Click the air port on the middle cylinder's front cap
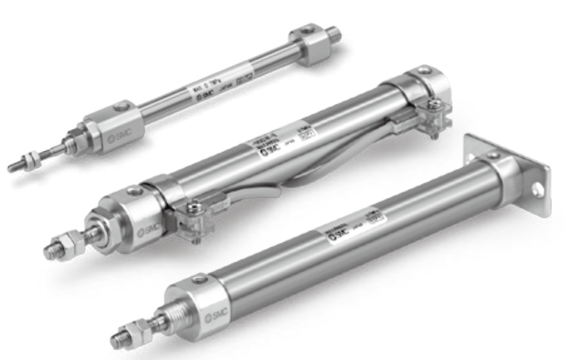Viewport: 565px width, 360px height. [x=134, y=192]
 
